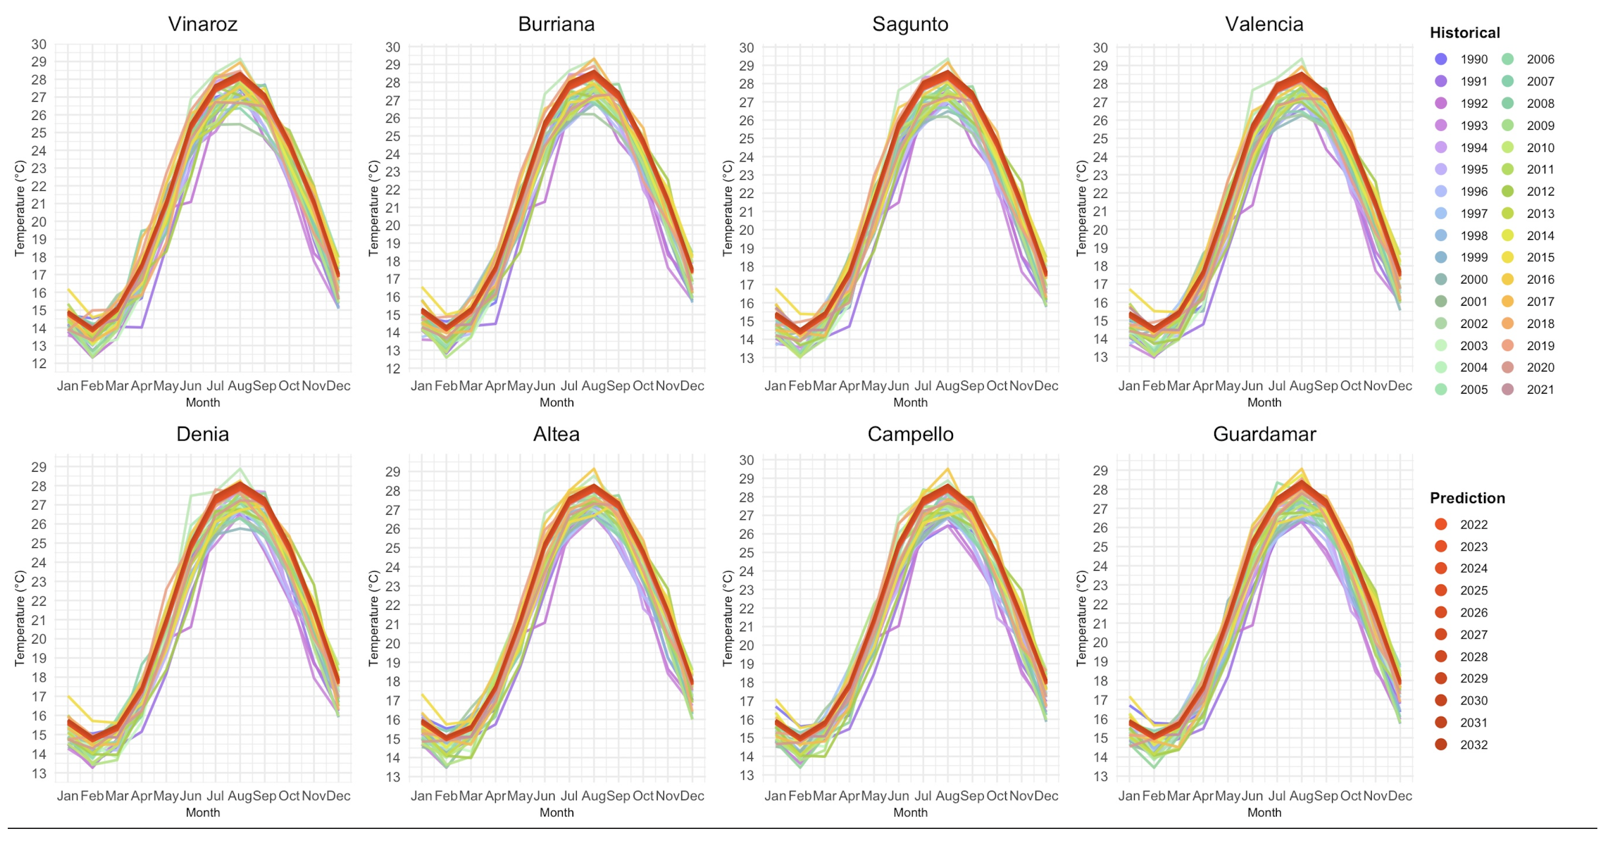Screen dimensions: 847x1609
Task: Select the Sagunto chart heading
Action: pos(910,24)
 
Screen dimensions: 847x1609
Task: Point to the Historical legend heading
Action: pos(1464,32)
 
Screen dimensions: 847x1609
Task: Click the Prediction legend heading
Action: pos(1467,498)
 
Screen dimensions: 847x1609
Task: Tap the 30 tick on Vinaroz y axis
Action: pos(39,44)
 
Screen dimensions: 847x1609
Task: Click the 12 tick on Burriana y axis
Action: pos(392,369)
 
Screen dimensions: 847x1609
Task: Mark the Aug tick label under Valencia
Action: pos(1301,386)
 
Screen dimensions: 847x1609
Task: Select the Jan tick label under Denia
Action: pos(67,796)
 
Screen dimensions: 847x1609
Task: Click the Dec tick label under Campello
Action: pos(1046,796)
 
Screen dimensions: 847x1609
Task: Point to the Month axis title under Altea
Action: pos(556,812)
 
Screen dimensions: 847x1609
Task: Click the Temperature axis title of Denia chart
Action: pos(19,618)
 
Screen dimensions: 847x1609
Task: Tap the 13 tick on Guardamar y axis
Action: pos(1100,776)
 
